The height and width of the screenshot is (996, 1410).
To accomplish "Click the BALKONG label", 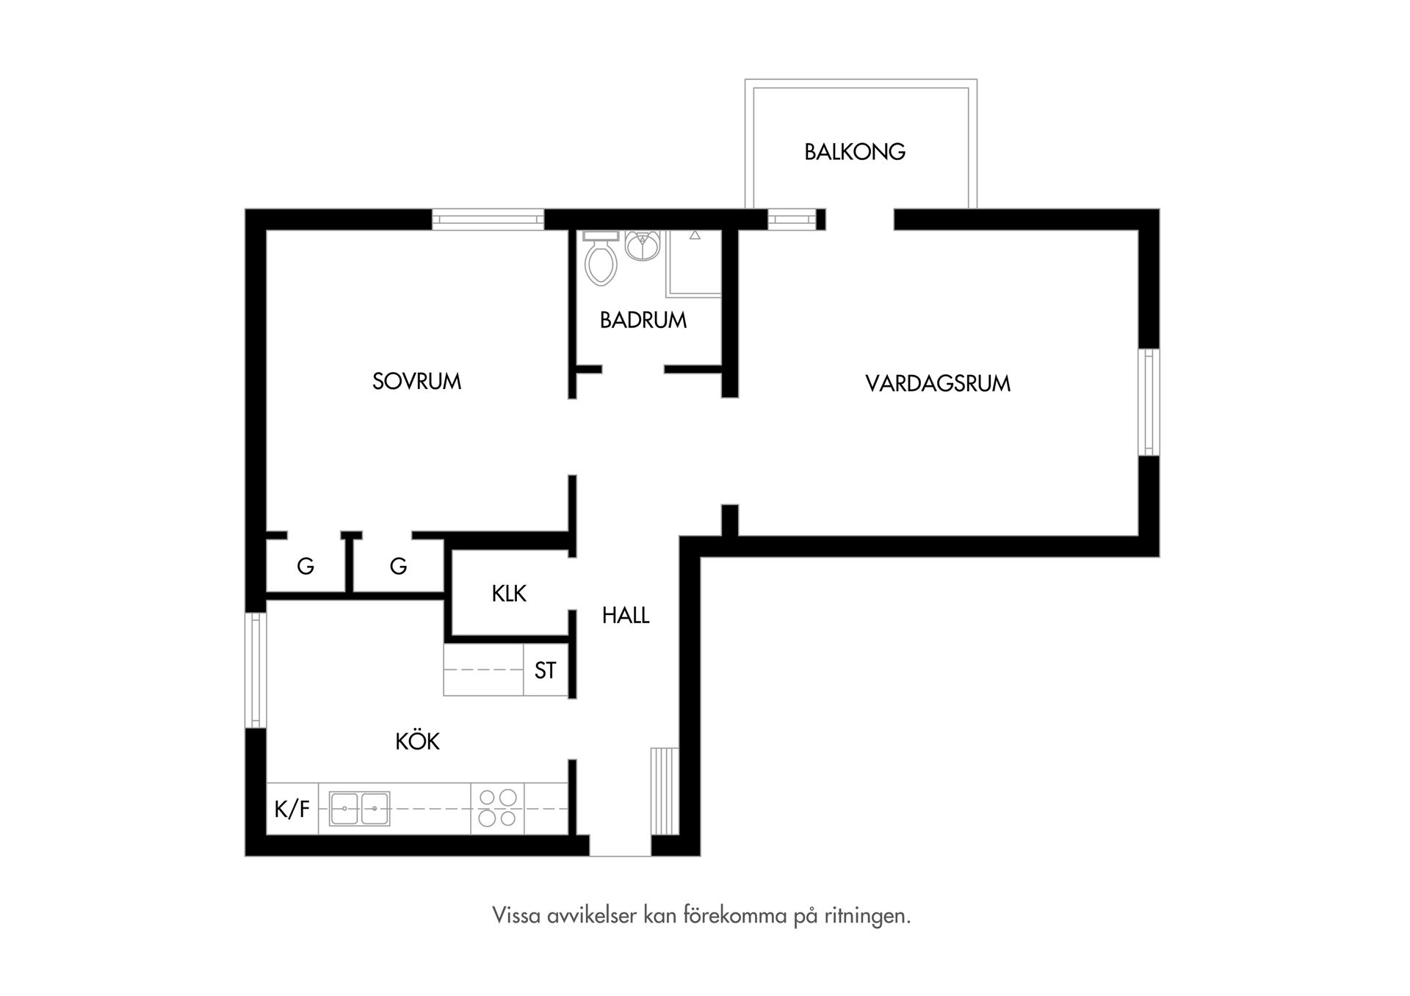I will [x=854, y=152].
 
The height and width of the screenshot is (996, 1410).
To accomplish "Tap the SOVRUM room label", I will [x=416, y=382].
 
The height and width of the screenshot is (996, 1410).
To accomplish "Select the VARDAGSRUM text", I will [x=938, y=384].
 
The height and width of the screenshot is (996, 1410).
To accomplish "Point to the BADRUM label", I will [x=643, y=320].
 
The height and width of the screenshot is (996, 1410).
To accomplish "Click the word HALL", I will [x=626, y=615].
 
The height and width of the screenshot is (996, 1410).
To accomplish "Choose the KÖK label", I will [x=417, y=741].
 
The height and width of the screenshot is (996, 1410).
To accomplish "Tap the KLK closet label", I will [x=509, y=593].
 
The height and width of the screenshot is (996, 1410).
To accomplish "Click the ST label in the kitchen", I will [x=545, y=670].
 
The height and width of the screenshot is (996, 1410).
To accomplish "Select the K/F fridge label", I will [x=292, y=809].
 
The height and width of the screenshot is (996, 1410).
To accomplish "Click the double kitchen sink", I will [x=359, y=808].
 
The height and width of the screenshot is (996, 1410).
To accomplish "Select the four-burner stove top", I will [x=497, y=807].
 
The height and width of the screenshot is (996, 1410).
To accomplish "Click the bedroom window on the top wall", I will [x=488, y=219].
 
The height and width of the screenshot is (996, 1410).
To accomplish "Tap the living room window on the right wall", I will [x=1149, y=401].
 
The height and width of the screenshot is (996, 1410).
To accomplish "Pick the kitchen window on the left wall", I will [x=255, y=670].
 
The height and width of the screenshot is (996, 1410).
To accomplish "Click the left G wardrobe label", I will [x=305, y=566].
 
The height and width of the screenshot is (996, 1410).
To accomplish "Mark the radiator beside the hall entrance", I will [x=665, y=790].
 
